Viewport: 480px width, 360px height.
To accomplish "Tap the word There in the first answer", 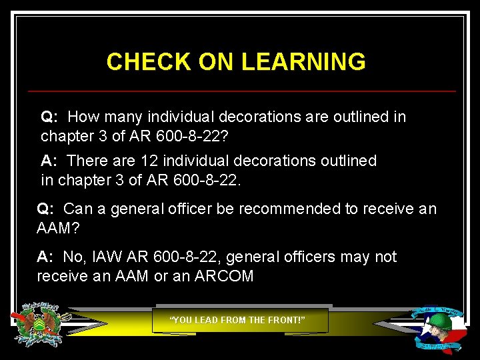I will click(x=86, y=161).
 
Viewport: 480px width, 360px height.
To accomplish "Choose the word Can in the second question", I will click(x=77, y=209).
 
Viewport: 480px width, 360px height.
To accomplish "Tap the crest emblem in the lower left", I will click(x=40, y=324).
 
